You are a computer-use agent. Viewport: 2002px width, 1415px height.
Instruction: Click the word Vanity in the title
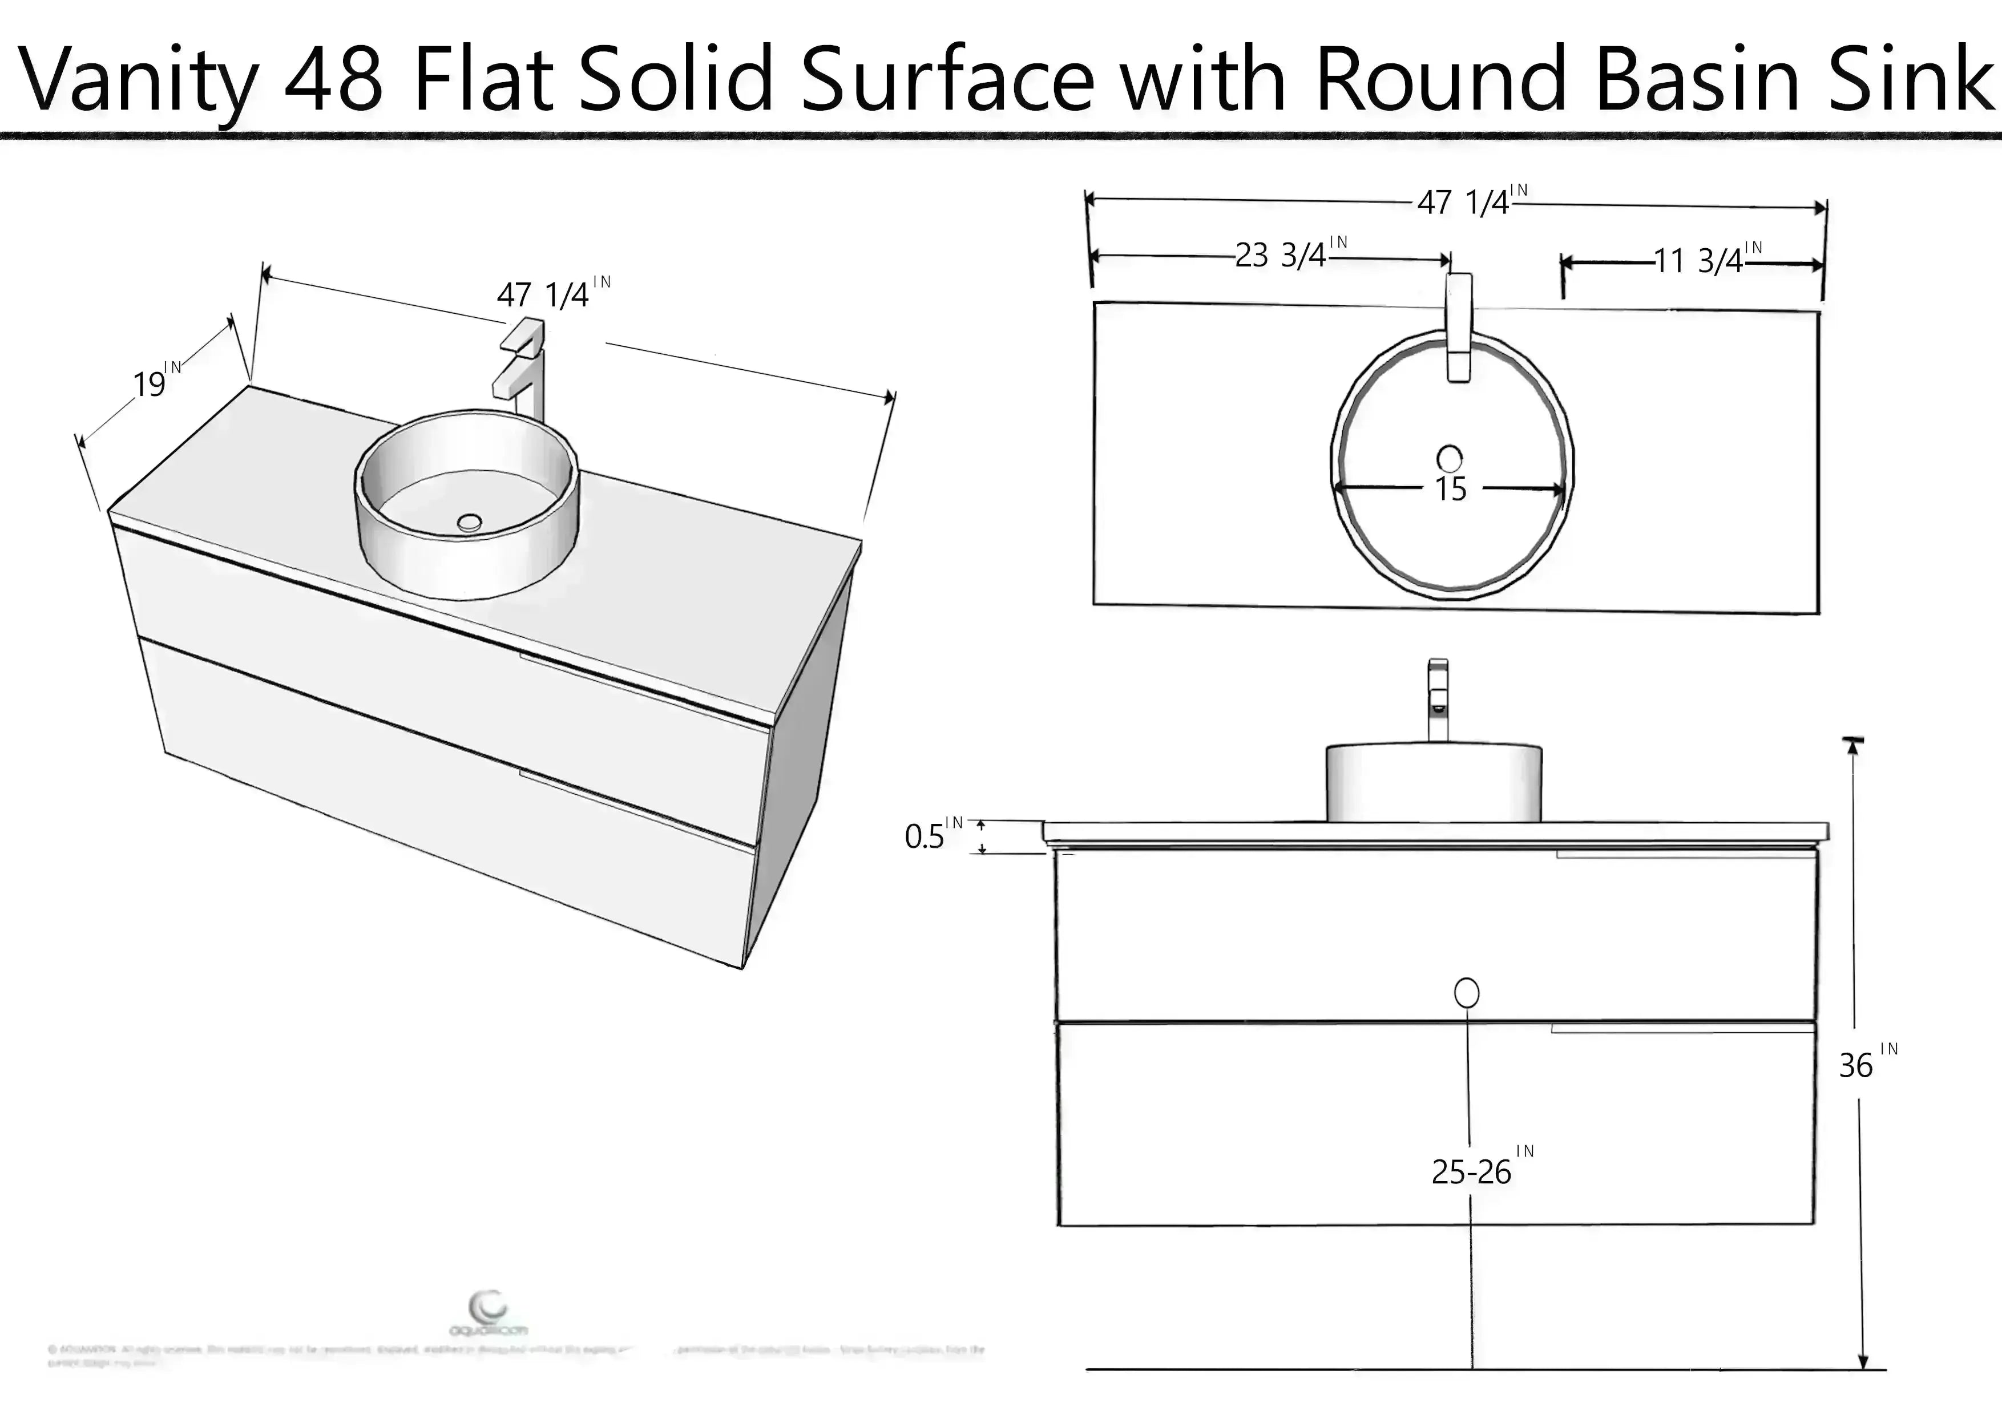139,80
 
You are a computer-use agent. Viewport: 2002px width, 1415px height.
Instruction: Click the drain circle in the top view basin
1449,458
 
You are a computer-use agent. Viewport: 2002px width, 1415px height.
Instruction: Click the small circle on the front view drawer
1467,992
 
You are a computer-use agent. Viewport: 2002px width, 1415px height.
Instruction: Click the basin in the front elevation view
1434,782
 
